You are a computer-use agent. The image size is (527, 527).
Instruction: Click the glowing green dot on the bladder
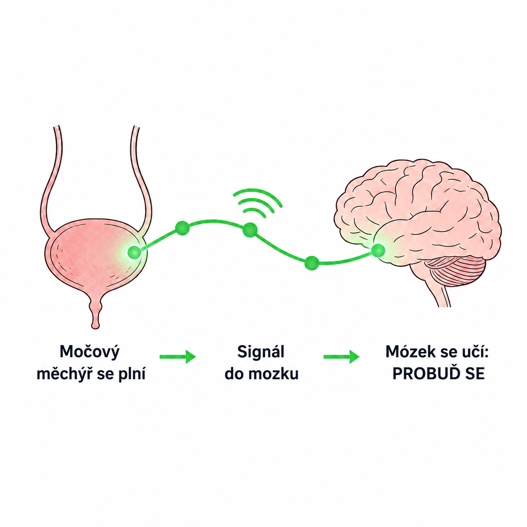click(134, 252)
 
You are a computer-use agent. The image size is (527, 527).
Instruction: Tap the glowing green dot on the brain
click(379, 250)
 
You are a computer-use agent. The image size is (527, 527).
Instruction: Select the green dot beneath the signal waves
click(250, 230)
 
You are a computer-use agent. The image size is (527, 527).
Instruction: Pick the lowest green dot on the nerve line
click(311, 263)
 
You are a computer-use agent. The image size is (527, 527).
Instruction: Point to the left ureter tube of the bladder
click(51, 178)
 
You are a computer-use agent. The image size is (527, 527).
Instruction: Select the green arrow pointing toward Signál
click(178, 357)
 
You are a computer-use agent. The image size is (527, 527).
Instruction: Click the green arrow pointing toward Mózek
click(342, 357)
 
